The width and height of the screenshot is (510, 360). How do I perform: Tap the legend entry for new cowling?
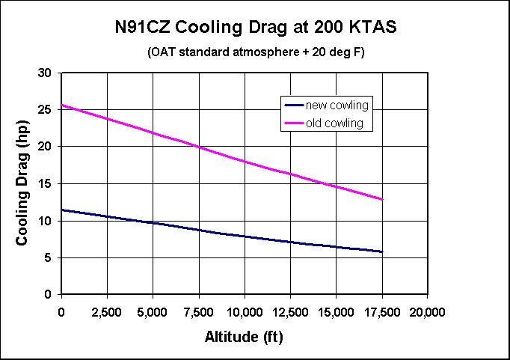(x=337, y=106)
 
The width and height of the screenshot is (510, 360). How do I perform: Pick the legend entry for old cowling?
(x=337, y=123)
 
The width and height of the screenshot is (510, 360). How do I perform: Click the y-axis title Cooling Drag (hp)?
(x=23, y=184)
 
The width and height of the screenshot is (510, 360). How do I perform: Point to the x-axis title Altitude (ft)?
(x=244, y=337)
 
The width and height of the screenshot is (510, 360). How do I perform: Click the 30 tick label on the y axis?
(x=46, y=73)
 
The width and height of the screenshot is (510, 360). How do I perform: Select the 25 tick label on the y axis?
(x=46, y=110)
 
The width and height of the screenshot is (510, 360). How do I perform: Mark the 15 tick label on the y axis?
(x=46, y=184)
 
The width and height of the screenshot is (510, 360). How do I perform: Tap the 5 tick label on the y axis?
(x=49, y=258)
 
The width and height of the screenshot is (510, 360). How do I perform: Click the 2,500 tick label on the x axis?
(x=107, y=311)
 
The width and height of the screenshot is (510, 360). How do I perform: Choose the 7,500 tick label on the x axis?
(x=199, y=311)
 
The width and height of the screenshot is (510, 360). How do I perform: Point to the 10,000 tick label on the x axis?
(x=245, y=311)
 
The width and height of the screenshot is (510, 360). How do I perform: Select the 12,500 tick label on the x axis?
(x=290, y=311)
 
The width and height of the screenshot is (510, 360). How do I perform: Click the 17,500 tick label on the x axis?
(x=382, y=311)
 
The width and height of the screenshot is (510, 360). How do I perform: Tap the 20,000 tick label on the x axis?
(x=428, y=311)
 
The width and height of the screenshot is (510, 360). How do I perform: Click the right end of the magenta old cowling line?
(x=382, y=199)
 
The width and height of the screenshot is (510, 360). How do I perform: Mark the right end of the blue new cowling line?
(x=382, y=251)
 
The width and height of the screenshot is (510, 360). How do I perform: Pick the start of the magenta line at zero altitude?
(x=61, y=106)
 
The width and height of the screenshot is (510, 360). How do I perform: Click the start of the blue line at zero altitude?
(x=61, y=210)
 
